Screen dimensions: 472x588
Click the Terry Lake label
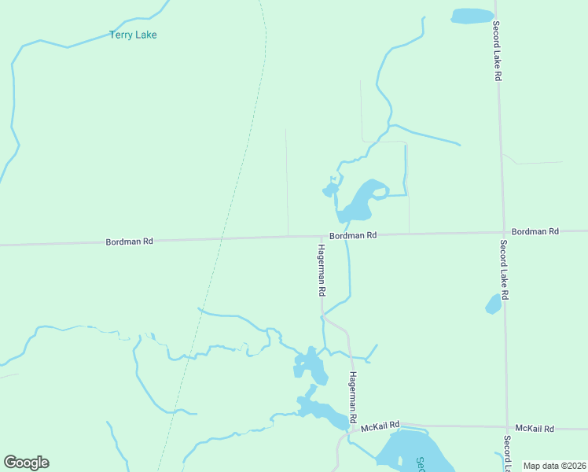pos(133,35)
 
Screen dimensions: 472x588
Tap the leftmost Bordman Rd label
pos(129,242)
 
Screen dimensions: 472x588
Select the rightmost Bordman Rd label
pos(535,231)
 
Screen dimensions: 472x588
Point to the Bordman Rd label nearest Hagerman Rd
pos(353,235)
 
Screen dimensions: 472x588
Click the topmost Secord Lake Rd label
pos(498,51)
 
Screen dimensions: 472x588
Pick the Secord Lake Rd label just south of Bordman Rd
pos(505,270)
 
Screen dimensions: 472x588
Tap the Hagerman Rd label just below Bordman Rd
pos(322,269)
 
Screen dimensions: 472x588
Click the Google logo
pos(26,463)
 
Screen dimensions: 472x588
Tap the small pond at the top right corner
pos(472,16)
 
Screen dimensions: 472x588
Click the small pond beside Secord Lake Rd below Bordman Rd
pos(494,304)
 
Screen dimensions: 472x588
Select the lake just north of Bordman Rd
pos(360,202)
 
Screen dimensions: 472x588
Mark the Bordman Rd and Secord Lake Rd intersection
pos(502,232)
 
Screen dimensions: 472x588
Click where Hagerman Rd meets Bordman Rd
pos(322,235)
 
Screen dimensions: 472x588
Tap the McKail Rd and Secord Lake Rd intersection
pos(507,426)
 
